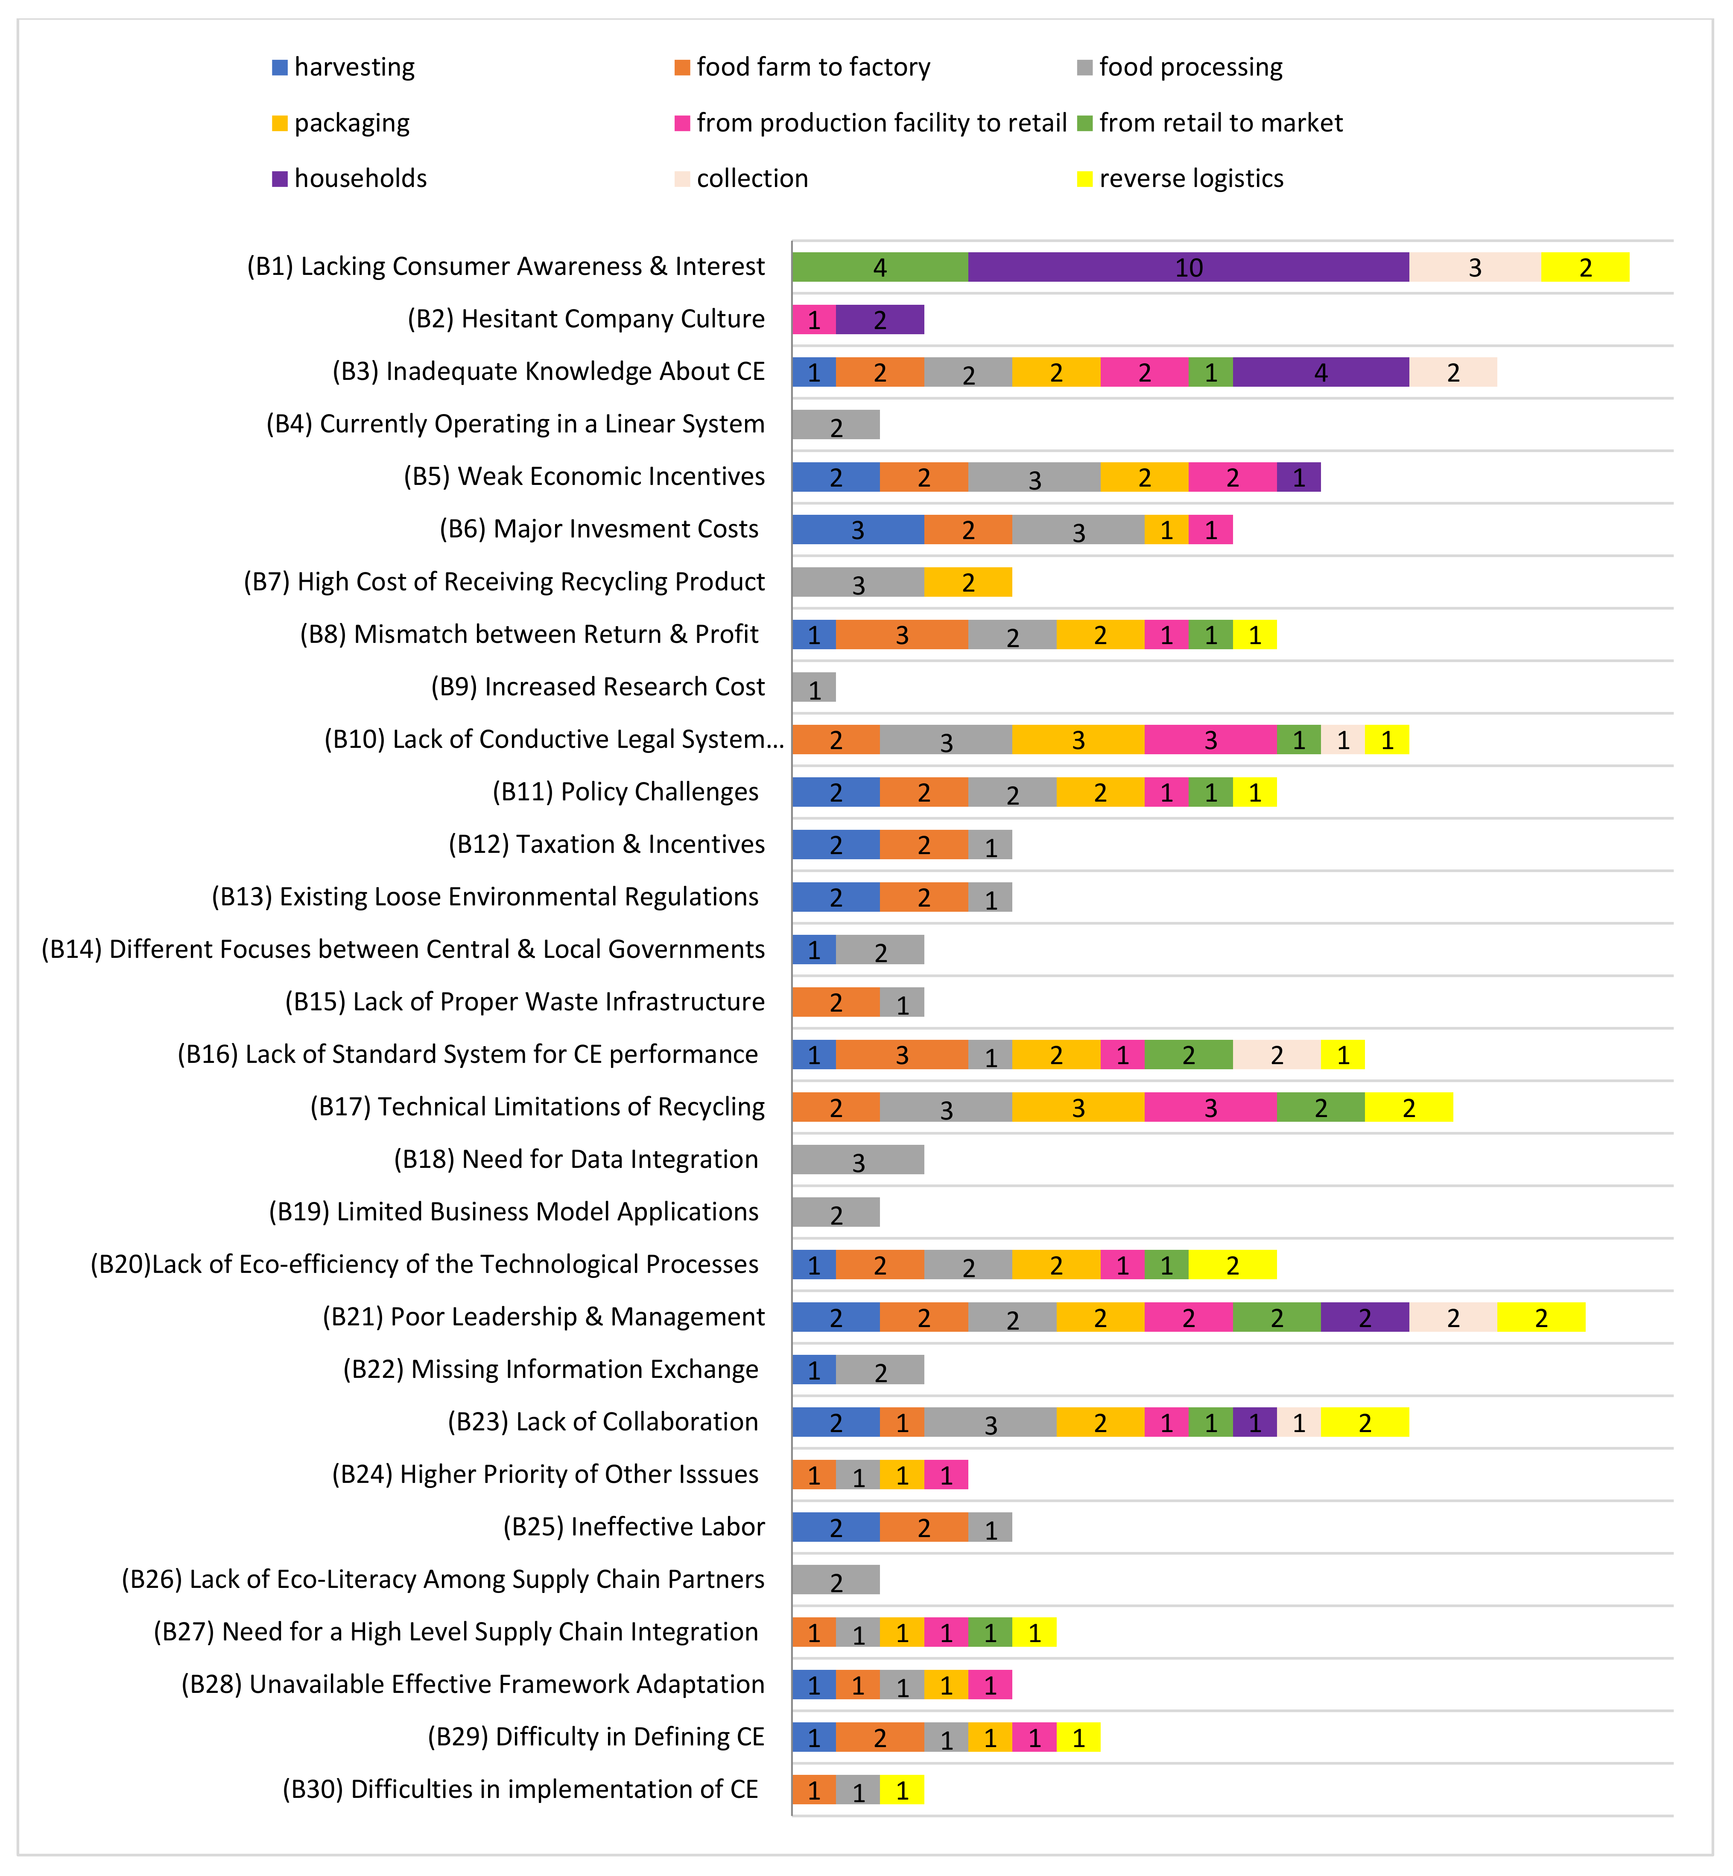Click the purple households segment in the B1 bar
coord(1188,267)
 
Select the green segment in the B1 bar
coord(880,267)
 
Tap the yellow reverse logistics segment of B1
coord(1585,267)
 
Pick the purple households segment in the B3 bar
coord(1321,372)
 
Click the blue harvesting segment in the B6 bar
coord(857,530)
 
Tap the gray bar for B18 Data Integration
coord(857,1160)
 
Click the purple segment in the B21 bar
coord(1365,1317)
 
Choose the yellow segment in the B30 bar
coord(901,1790)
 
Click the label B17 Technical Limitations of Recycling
coord(538,1107)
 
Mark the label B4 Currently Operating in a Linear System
coord(515,425)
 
